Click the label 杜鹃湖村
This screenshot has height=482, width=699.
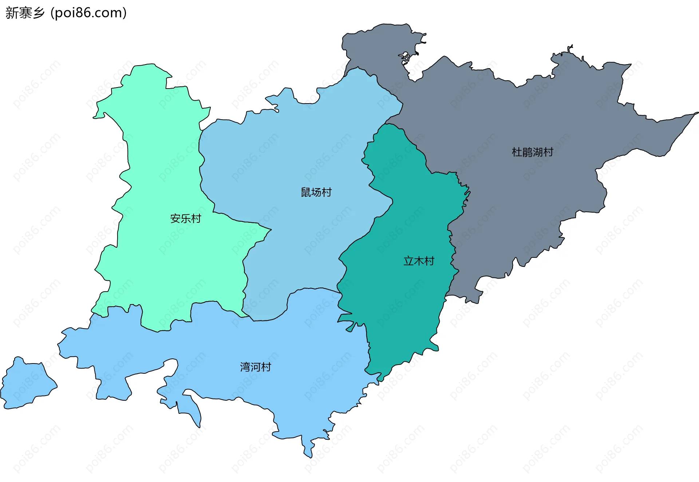[532, 152]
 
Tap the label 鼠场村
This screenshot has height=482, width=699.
[316, 192]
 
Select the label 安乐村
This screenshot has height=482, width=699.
[186, 218]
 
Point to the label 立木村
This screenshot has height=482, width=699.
[419, 261]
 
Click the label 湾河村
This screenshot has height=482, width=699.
[256, 367]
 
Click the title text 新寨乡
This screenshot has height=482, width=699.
[25, 13]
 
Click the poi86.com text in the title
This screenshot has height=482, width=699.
[88, 13]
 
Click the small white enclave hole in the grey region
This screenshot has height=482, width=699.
[405, 58]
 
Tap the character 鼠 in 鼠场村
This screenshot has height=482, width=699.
[306, 192]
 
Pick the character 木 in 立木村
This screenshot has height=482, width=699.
[419, 261]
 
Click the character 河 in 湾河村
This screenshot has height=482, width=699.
[256, 367]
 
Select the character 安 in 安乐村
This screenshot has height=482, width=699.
[175, 218]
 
